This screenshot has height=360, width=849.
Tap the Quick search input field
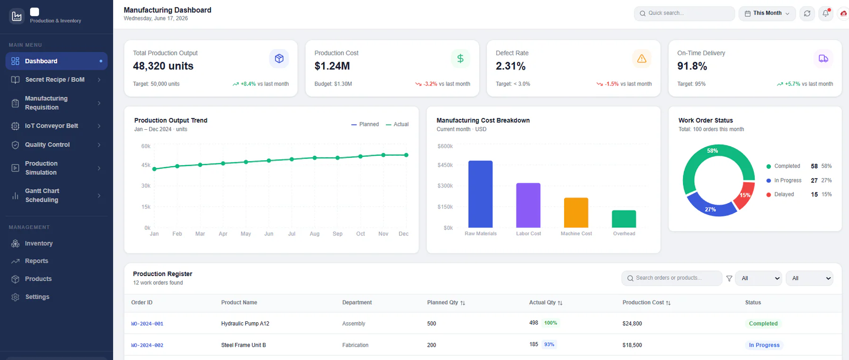click(x=684, y=13)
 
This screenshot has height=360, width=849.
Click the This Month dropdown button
click(x=767, y=13)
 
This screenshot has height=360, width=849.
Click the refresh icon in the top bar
click(x=807, y=13)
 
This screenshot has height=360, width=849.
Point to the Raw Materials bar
click(x=480, y=194)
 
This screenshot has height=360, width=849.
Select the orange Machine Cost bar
click(x=576, y=213)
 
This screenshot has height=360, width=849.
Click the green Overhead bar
click(x=624, y=219)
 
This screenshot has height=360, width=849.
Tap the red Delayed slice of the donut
click(x=744, y=195)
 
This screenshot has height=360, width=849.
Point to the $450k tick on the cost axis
click(x=445, y=165)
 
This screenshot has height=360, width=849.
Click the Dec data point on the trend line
click(x=406, y=155)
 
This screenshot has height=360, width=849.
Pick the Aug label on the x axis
click(x=315, y=234)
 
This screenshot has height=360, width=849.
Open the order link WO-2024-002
click(x=147, y=345)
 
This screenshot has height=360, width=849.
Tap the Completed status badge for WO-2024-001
click(x=763, y=324)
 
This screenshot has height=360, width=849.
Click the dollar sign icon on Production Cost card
click(x=460, y=59)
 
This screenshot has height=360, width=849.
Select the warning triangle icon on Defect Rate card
click(x=641, y=59)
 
